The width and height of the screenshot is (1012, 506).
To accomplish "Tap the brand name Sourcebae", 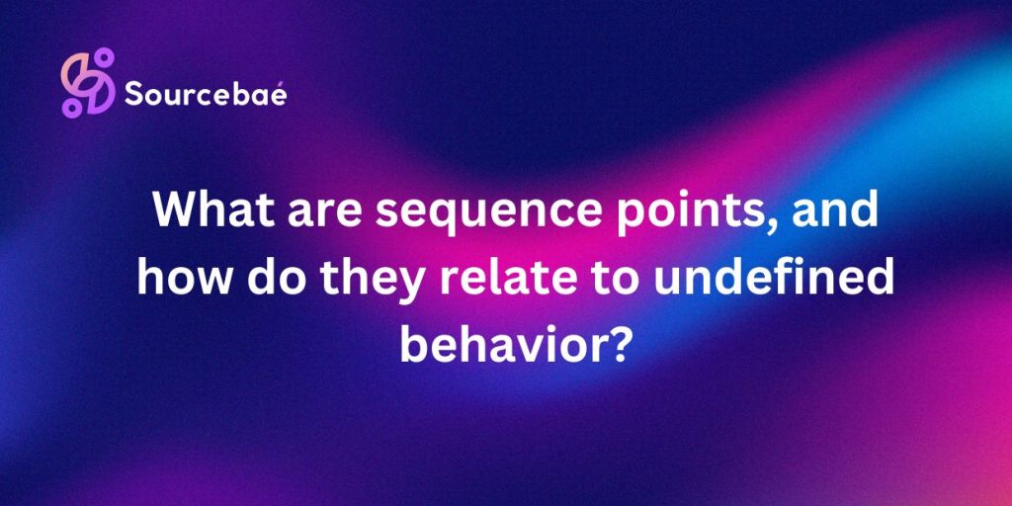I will (x=206, y=94).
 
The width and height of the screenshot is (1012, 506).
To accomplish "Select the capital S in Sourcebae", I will (x=132, y=94).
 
